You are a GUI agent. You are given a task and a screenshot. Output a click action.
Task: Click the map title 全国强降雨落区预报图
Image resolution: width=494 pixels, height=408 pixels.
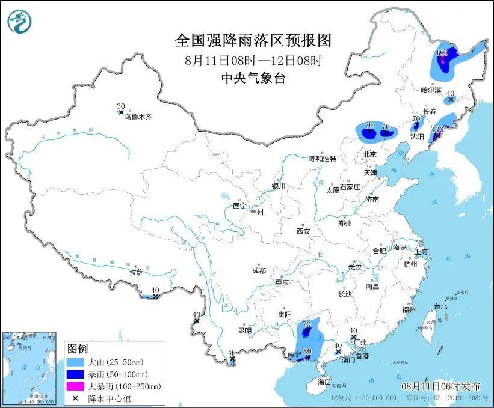[x=253, y=40]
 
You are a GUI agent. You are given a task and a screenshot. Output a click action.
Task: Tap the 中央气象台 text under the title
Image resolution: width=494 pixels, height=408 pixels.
[x=253, y=77]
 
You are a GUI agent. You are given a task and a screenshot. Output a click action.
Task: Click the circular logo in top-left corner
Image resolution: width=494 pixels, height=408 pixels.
[x=19, y=22]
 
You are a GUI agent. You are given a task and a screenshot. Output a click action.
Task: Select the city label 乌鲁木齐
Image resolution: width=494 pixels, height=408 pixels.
[x=138, y=118]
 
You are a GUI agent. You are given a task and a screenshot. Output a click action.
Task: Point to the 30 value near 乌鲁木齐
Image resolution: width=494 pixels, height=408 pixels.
[x=120, y=106]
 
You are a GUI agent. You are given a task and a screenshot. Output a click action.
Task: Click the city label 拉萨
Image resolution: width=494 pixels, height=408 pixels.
[x=136, y=272]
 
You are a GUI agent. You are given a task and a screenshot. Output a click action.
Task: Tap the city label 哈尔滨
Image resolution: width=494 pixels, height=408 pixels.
[x=431, y=90]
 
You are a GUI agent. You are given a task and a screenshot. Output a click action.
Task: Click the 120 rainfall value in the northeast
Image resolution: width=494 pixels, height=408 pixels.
[x=442, y=53]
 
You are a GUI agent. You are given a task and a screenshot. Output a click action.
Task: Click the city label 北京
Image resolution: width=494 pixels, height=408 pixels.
[x=369, y=154]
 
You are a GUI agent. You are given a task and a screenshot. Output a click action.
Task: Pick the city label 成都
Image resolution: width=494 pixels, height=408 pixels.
[x=259, y=270]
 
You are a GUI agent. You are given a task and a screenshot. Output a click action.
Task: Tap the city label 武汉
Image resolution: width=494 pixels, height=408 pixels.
[x=355, y=267]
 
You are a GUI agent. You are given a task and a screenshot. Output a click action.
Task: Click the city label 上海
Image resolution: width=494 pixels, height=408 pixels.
[x=421, y=251]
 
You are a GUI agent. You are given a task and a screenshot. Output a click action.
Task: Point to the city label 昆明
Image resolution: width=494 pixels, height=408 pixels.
[x=244, y=330]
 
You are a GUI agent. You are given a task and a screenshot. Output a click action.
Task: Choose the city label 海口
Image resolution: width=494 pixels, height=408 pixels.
[x=324, y=382]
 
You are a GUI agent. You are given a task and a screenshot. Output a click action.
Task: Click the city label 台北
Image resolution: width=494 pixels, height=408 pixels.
[x=440, y=306]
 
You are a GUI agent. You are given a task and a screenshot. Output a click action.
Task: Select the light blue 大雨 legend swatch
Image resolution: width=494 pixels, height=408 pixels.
[x=76, y=362]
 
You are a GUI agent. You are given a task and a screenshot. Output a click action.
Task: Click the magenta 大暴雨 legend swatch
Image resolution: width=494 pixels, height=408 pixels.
[x=76, y=386]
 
